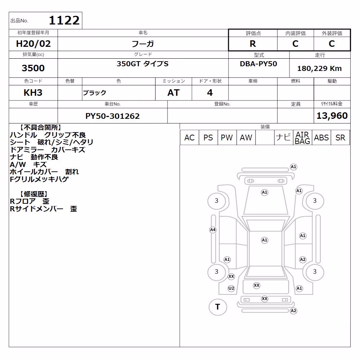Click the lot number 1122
coord(64,21)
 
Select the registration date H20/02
coord(33,44)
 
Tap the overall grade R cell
coord(253,44)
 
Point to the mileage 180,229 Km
coord(319,68)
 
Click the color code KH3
coord(33,93)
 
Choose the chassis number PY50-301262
coord(112,116)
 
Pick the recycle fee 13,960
coord(332,116)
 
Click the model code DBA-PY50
coord(258,64)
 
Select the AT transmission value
coord(174,93)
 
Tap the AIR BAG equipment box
coord(302,138)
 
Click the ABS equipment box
coord(321,138)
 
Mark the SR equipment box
coord(340,138)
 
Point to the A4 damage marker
coord(213,230)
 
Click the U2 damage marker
coord(231,288)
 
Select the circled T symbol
coord(218,307)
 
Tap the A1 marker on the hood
coord(265,192)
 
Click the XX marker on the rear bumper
coord(265,299)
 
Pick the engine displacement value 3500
coord(33,68)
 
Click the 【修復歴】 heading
coord(34,194)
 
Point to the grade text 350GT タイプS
coord(143,64)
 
